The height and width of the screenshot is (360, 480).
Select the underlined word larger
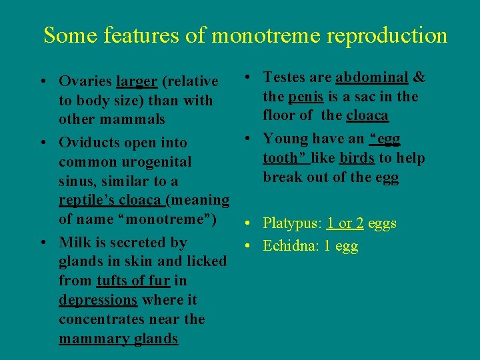click(x=137, y=81)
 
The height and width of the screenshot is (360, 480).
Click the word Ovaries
click(x=85, y=81)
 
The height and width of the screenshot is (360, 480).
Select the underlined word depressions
click(x=97, y=300)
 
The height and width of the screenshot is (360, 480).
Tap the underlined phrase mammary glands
click(x=118, y=339)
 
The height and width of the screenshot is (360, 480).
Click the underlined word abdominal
click(x=371, y=77)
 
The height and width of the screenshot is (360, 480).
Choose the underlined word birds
click(x=356, y=158)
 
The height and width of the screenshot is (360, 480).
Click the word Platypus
click(x=292, y=223)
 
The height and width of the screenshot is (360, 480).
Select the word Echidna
click(x=289, y=246)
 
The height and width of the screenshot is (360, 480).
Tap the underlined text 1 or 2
click(x=345, y=223)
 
